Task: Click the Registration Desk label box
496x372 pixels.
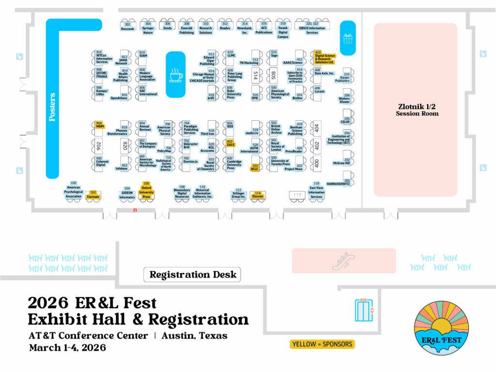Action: (x=192, y=275)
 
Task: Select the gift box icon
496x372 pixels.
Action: (x=347, y=38)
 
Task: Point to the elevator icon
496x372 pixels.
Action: (x=364, y=310)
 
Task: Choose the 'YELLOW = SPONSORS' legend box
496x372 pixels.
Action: (x=322, y=344)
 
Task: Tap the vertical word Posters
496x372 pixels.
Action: (x=52, y=107)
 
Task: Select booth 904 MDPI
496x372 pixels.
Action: (x=100, y=125)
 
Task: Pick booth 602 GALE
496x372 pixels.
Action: (x=231, y=143)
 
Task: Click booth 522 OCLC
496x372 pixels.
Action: (x=255, y=168)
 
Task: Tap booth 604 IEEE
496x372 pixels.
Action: (x=230, y=125)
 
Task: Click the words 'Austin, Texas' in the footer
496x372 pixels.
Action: (x=194, y=336)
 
